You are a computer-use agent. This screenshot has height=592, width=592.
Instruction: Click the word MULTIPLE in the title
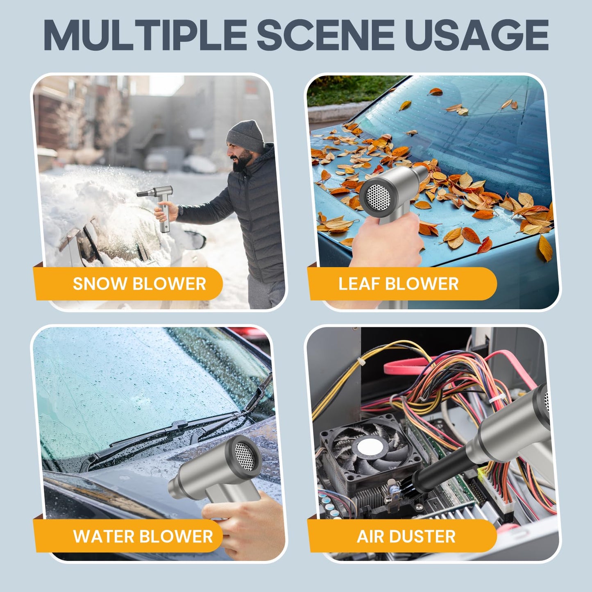(145, 35)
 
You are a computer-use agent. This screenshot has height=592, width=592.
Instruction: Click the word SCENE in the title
(325, 35)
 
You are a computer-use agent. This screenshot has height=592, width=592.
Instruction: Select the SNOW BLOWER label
(139, 283)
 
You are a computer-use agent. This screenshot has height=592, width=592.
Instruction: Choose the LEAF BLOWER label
(398, 283)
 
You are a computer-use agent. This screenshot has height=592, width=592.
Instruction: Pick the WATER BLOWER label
(143, 536)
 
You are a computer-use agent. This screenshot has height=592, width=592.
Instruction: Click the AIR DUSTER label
(406, 536)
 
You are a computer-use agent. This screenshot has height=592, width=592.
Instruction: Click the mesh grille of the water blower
(245, 457)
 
